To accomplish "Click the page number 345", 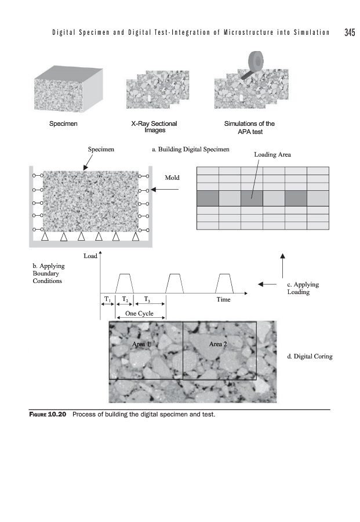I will (x=349, y=32).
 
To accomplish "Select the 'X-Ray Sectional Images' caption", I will (x=154, y=127).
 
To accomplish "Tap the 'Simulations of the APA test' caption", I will (x=249, y=127).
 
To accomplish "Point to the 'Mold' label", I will (x=173, y=176).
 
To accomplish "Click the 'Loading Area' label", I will (x=272, y=155).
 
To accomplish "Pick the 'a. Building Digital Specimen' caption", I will (x=190, y=149).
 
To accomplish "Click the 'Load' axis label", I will (x=90, y=255).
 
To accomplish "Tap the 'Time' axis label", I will (x=223, y=300).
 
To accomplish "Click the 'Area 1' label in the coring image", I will (x=141, y=344).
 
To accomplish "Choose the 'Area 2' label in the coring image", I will (x=218, y=344).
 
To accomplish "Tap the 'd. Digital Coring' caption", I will (x=310, y=356).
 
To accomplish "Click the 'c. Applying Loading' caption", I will (x=303, y=288).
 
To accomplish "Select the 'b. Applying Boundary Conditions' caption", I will (x=49, y=273).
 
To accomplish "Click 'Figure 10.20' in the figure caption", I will (x=49, y=415).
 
